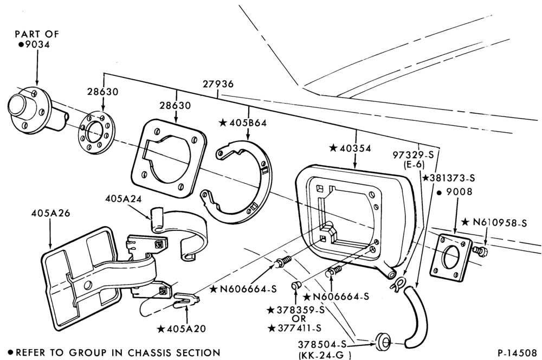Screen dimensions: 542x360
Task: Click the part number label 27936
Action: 218,83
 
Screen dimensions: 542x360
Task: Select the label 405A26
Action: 50,213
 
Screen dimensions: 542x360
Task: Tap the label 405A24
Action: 124,198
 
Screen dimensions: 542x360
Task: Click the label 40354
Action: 350,148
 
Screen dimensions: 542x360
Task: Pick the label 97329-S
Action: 413,155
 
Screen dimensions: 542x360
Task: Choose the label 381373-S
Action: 449,178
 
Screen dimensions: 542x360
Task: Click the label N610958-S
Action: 494,223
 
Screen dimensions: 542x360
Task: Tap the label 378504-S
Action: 322,344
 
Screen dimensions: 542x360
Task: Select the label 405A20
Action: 182,329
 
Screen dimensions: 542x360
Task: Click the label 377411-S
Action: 295,328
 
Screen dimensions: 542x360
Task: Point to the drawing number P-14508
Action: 518,353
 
